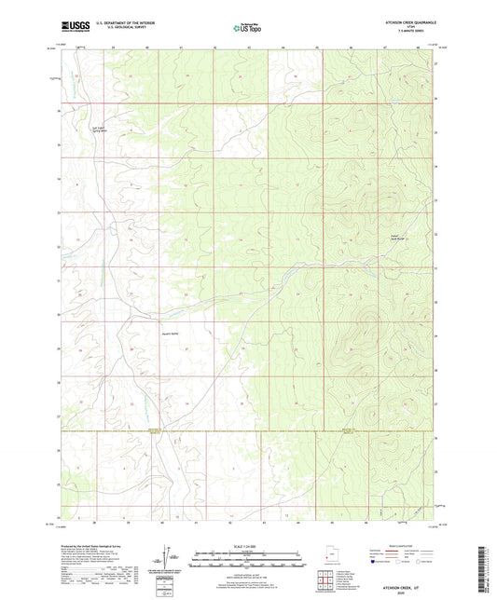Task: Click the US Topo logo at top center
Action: (x=246, y=28)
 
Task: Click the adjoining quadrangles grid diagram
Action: (x=325, y=581)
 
